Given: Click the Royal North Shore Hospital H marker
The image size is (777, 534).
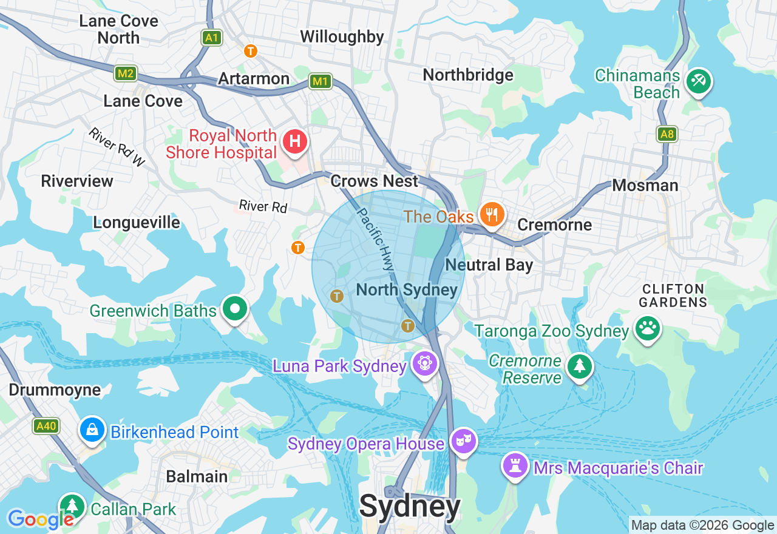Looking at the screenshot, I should click(295, 142).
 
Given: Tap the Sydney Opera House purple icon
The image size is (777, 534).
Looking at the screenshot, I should click(463, 442).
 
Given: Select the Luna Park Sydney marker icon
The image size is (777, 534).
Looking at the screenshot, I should click(424, 364).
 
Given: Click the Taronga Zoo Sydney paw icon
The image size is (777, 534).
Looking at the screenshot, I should click(647, 329).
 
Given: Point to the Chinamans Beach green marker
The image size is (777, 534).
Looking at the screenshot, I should click(698, 81).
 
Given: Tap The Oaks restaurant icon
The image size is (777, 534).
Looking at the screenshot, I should click(492, 215).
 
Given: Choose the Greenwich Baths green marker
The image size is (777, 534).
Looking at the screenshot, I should click(234, 309).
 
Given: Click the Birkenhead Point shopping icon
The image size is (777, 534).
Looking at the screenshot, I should click(92, 430).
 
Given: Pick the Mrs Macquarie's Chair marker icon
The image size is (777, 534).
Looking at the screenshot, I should click(515, 467).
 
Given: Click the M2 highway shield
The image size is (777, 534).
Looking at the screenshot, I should click(126, 74).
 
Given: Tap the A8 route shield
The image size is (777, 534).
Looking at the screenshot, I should click(667, 134).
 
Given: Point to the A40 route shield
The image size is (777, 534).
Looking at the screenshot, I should click(46, 426).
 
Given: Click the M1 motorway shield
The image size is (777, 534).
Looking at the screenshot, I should click(320, 81).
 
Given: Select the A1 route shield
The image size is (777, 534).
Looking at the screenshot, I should click(211, 38).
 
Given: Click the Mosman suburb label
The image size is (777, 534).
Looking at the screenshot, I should click(645, 185).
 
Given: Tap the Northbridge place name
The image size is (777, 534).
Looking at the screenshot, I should click(467, 75).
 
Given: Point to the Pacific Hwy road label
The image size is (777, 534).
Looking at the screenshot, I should click(375, 240).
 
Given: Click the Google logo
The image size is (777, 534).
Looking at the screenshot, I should click(40, 519).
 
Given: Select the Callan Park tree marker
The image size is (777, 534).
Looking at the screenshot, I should click(72, 506).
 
